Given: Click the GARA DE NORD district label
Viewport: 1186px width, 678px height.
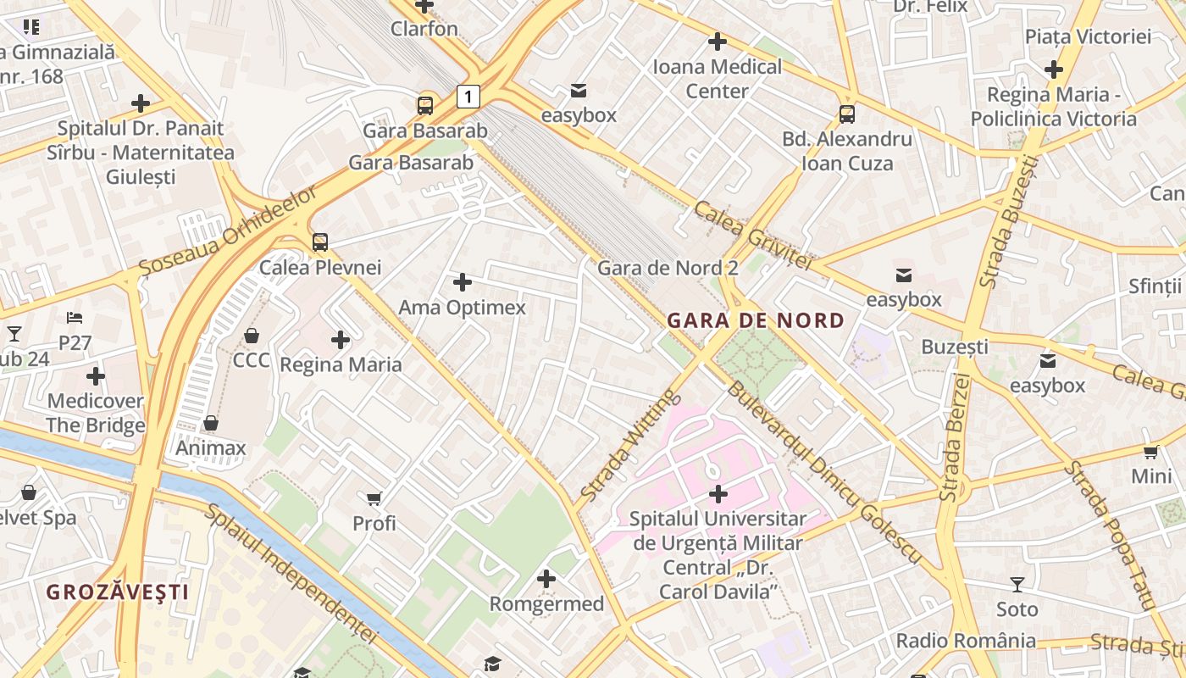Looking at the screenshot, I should (x=756, y=320).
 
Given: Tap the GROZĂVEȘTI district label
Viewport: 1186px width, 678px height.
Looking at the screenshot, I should (x=117, y=592).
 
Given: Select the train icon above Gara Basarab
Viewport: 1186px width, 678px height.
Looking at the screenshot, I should (x=425, y=106).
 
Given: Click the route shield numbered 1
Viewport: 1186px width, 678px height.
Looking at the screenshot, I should (x=468, y=97).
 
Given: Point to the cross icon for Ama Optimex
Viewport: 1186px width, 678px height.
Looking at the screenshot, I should (x=463, y=282).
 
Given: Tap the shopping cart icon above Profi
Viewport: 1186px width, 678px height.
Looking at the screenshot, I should (x=374, y=498).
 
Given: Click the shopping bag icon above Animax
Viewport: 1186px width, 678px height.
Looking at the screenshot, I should (x=211, y=423).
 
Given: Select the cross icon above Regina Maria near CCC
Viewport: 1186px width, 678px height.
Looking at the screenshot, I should (x=341, y=341).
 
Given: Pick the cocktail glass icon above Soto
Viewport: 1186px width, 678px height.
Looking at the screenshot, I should (x=1017, y=584).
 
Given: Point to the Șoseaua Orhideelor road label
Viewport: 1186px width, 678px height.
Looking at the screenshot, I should (x=229, y=229).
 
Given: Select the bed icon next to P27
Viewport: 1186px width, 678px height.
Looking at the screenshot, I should (x=75, y=318).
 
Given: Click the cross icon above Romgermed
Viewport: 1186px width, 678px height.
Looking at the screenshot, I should (x=546, y=579).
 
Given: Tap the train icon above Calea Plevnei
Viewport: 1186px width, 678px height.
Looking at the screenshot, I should (x=320, y=242).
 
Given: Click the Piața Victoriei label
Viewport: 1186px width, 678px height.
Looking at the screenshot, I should (x=1088, y=36).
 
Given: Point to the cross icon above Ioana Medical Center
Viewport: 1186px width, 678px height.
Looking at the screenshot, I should (x=718, y=41).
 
